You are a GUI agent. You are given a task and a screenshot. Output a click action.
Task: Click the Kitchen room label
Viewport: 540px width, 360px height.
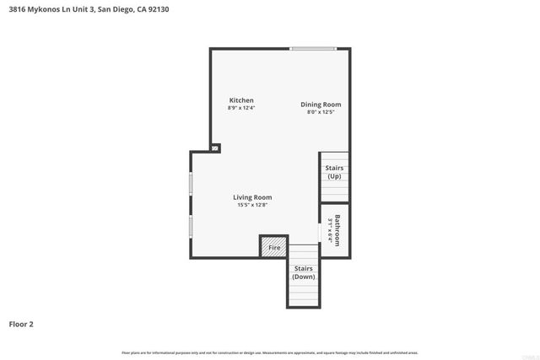coord(240,100)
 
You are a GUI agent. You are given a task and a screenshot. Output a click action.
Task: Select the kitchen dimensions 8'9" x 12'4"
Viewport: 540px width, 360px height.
coord(240,108)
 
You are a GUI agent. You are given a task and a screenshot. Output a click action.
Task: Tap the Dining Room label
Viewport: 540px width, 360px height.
coord(321,105)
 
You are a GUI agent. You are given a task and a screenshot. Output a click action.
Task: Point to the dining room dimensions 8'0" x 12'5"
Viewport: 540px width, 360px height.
coord(321,112)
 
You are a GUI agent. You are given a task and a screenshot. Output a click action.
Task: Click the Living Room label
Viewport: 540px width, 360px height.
coord(252,197)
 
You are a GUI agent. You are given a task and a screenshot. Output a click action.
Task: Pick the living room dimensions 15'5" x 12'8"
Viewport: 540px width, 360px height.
coord(252,205)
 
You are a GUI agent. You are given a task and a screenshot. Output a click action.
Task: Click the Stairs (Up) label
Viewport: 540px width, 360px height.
coord(334,173)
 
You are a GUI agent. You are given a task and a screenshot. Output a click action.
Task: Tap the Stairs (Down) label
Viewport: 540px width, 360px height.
coord(304,272)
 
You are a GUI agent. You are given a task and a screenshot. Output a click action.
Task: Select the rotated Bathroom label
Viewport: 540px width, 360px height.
coord(337,230)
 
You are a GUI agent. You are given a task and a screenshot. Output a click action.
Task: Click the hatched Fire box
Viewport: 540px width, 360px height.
coord(274,247)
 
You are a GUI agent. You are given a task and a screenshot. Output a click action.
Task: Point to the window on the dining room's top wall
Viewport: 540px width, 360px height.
coord(313,48)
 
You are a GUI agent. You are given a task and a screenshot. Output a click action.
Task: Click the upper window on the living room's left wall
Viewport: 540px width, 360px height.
coord(191,183)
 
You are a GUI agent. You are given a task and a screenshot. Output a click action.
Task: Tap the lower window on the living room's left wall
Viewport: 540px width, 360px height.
coord(191,226)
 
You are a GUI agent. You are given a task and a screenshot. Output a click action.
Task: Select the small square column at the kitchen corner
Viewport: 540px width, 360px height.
coord(215,148)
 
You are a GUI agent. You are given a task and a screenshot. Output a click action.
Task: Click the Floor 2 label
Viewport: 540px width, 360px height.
coord(21,323)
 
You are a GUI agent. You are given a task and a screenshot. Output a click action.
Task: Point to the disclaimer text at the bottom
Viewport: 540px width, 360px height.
coord(269,352)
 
